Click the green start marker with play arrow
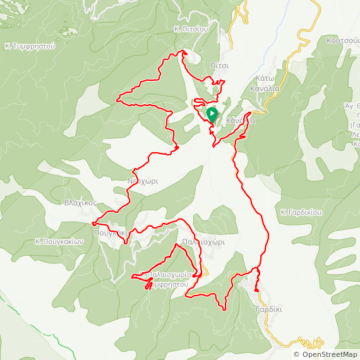point(212,114)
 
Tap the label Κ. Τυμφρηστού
point(30,46)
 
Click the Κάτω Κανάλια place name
point(268,83)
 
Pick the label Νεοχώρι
point(143,181)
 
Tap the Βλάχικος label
point(80,203)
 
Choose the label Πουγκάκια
point(111,232)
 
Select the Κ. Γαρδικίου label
point(301,212)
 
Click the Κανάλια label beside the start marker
point(241,119)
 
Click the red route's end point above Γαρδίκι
point(256,290)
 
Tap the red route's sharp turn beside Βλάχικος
point(93,224)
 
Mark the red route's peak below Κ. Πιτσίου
point(183,52)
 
